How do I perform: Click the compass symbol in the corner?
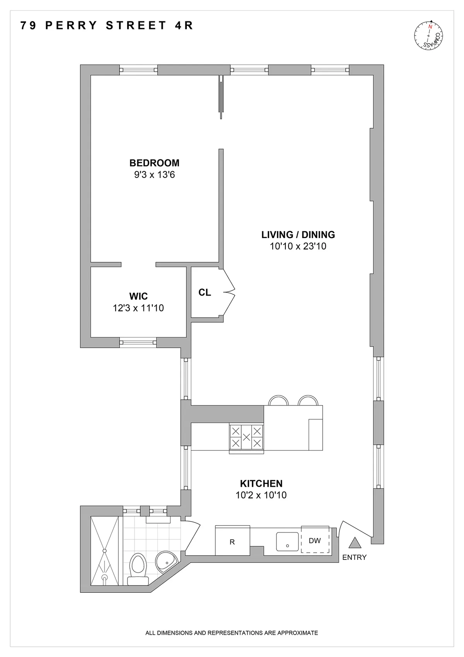point(428,36)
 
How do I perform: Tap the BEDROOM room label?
point(154,163)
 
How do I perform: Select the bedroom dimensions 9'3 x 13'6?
point(154,175)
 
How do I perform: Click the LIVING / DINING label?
point(298,234)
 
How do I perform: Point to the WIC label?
point(138,296)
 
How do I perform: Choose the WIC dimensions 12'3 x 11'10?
point(138,308)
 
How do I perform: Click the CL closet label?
point(205,293)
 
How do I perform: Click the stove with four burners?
point(246,438)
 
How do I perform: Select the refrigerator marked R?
point(232,541)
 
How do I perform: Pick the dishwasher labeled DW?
point(315,541)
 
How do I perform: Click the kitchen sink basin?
point(287,541)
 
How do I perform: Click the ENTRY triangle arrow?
point(355,543)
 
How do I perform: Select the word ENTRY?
point(354,558)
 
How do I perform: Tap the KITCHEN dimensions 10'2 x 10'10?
point(261,495)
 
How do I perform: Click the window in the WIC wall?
point(138,342)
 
